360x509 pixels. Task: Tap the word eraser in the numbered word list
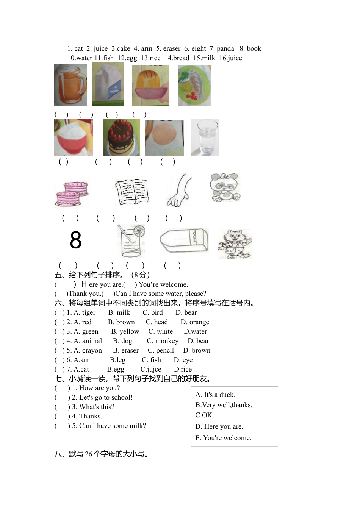coord(172,48)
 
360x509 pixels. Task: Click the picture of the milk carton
coord(108,84)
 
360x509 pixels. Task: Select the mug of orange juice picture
coord(70,85)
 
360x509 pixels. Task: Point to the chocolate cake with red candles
coord(121,137)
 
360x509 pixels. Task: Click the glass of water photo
coord(205,137)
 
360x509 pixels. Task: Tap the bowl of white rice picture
coord(73,137)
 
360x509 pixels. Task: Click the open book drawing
coord(131,192)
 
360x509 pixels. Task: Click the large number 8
coord(76,240)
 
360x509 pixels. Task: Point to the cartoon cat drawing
coord(235,244)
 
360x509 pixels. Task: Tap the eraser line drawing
coord(184,240)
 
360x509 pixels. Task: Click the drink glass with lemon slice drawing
coord(131,240)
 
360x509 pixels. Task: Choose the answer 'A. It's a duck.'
coord(215,395)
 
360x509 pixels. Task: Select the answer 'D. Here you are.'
coord(219,426)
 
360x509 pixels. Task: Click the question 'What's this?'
coord(97,407)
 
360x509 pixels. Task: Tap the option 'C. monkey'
coord(163,341)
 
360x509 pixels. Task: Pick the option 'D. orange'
coord(195,322)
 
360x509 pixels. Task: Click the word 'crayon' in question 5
coord(92,350)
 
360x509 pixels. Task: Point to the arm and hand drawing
coord(179,190)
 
